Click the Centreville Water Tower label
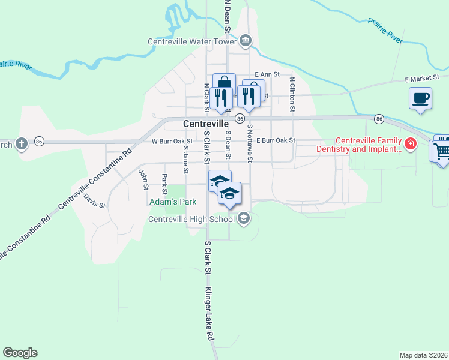pos(193,41)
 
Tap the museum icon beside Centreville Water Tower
pos(246,41)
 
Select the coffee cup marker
pos(420,97)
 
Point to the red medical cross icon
pos(410,144)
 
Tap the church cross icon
pos(21,144)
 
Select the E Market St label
pos(422,78)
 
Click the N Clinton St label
pos(292,95)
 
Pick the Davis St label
pos(95,200)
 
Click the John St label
pos(143,179)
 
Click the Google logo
pos(20,353)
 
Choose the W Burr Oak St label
pos(172,142)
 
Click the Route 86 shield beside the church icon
pos(40,142)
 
